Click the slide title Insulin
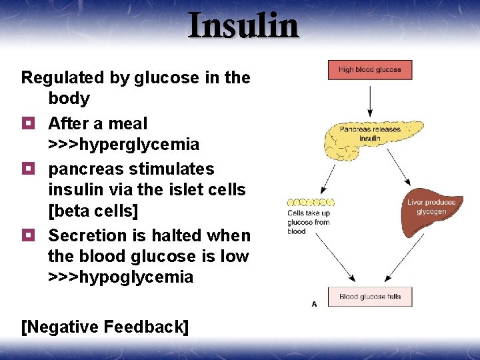tap(243, 25)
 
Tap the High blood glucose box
tap(370, 70)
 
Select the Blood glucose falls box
tap(370, 297)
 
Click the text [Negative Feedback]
tap(105, 327)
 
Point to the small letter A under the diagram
tap(313, 304)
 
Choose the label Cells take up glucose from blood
tap(308, 222)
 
